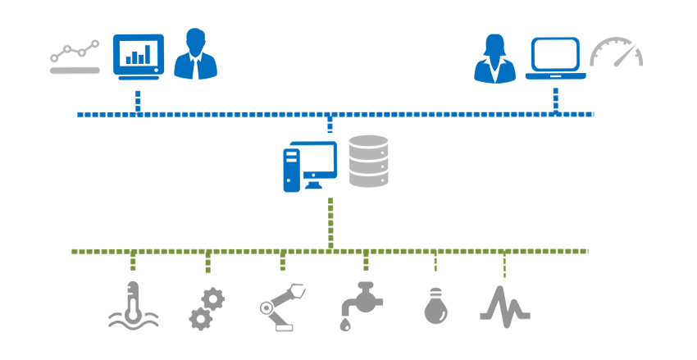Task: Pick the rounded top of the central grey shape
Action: [x=369, y=129]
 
